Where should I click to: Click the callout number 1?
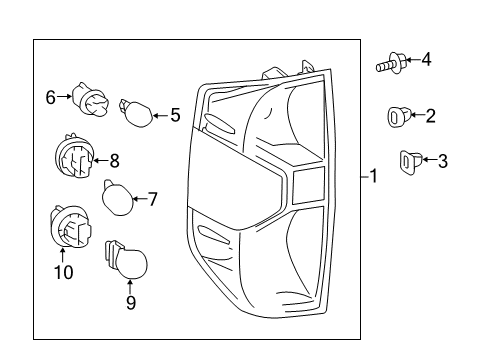(x=373, y=178)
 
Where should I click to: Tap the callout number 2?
(x=430, y=117)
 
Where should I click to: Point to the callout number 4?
(x=426, y=60)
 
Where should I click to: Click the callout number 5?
(x=175, y=115)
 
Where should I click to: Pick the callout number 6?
(x=50, y=97)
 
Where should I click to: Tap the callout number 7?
(x=153, y=199)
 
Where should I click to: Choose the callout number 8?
(x=114, y=158)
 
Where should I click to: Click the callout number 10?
(x=62, y=272)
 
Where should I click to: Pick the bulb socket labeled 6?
(x=90, y=101)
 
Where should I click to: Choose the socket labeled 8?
(x=73, y=157)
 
